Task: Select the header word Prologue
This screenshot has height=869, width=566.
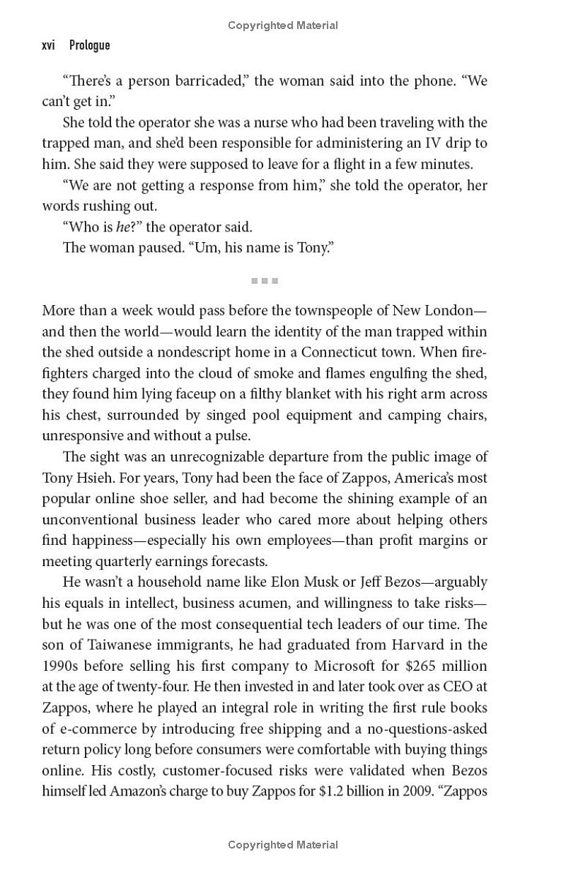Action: (x=90, y=45)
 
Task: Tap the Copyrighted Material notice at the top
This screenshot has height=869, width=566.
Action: (x=283, y=25)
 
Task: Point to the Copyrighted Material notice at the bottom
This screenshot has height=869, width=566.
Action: (x=283, y=844)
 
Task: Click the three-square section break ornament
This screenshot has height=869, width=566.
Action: (x=265, y=281)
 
